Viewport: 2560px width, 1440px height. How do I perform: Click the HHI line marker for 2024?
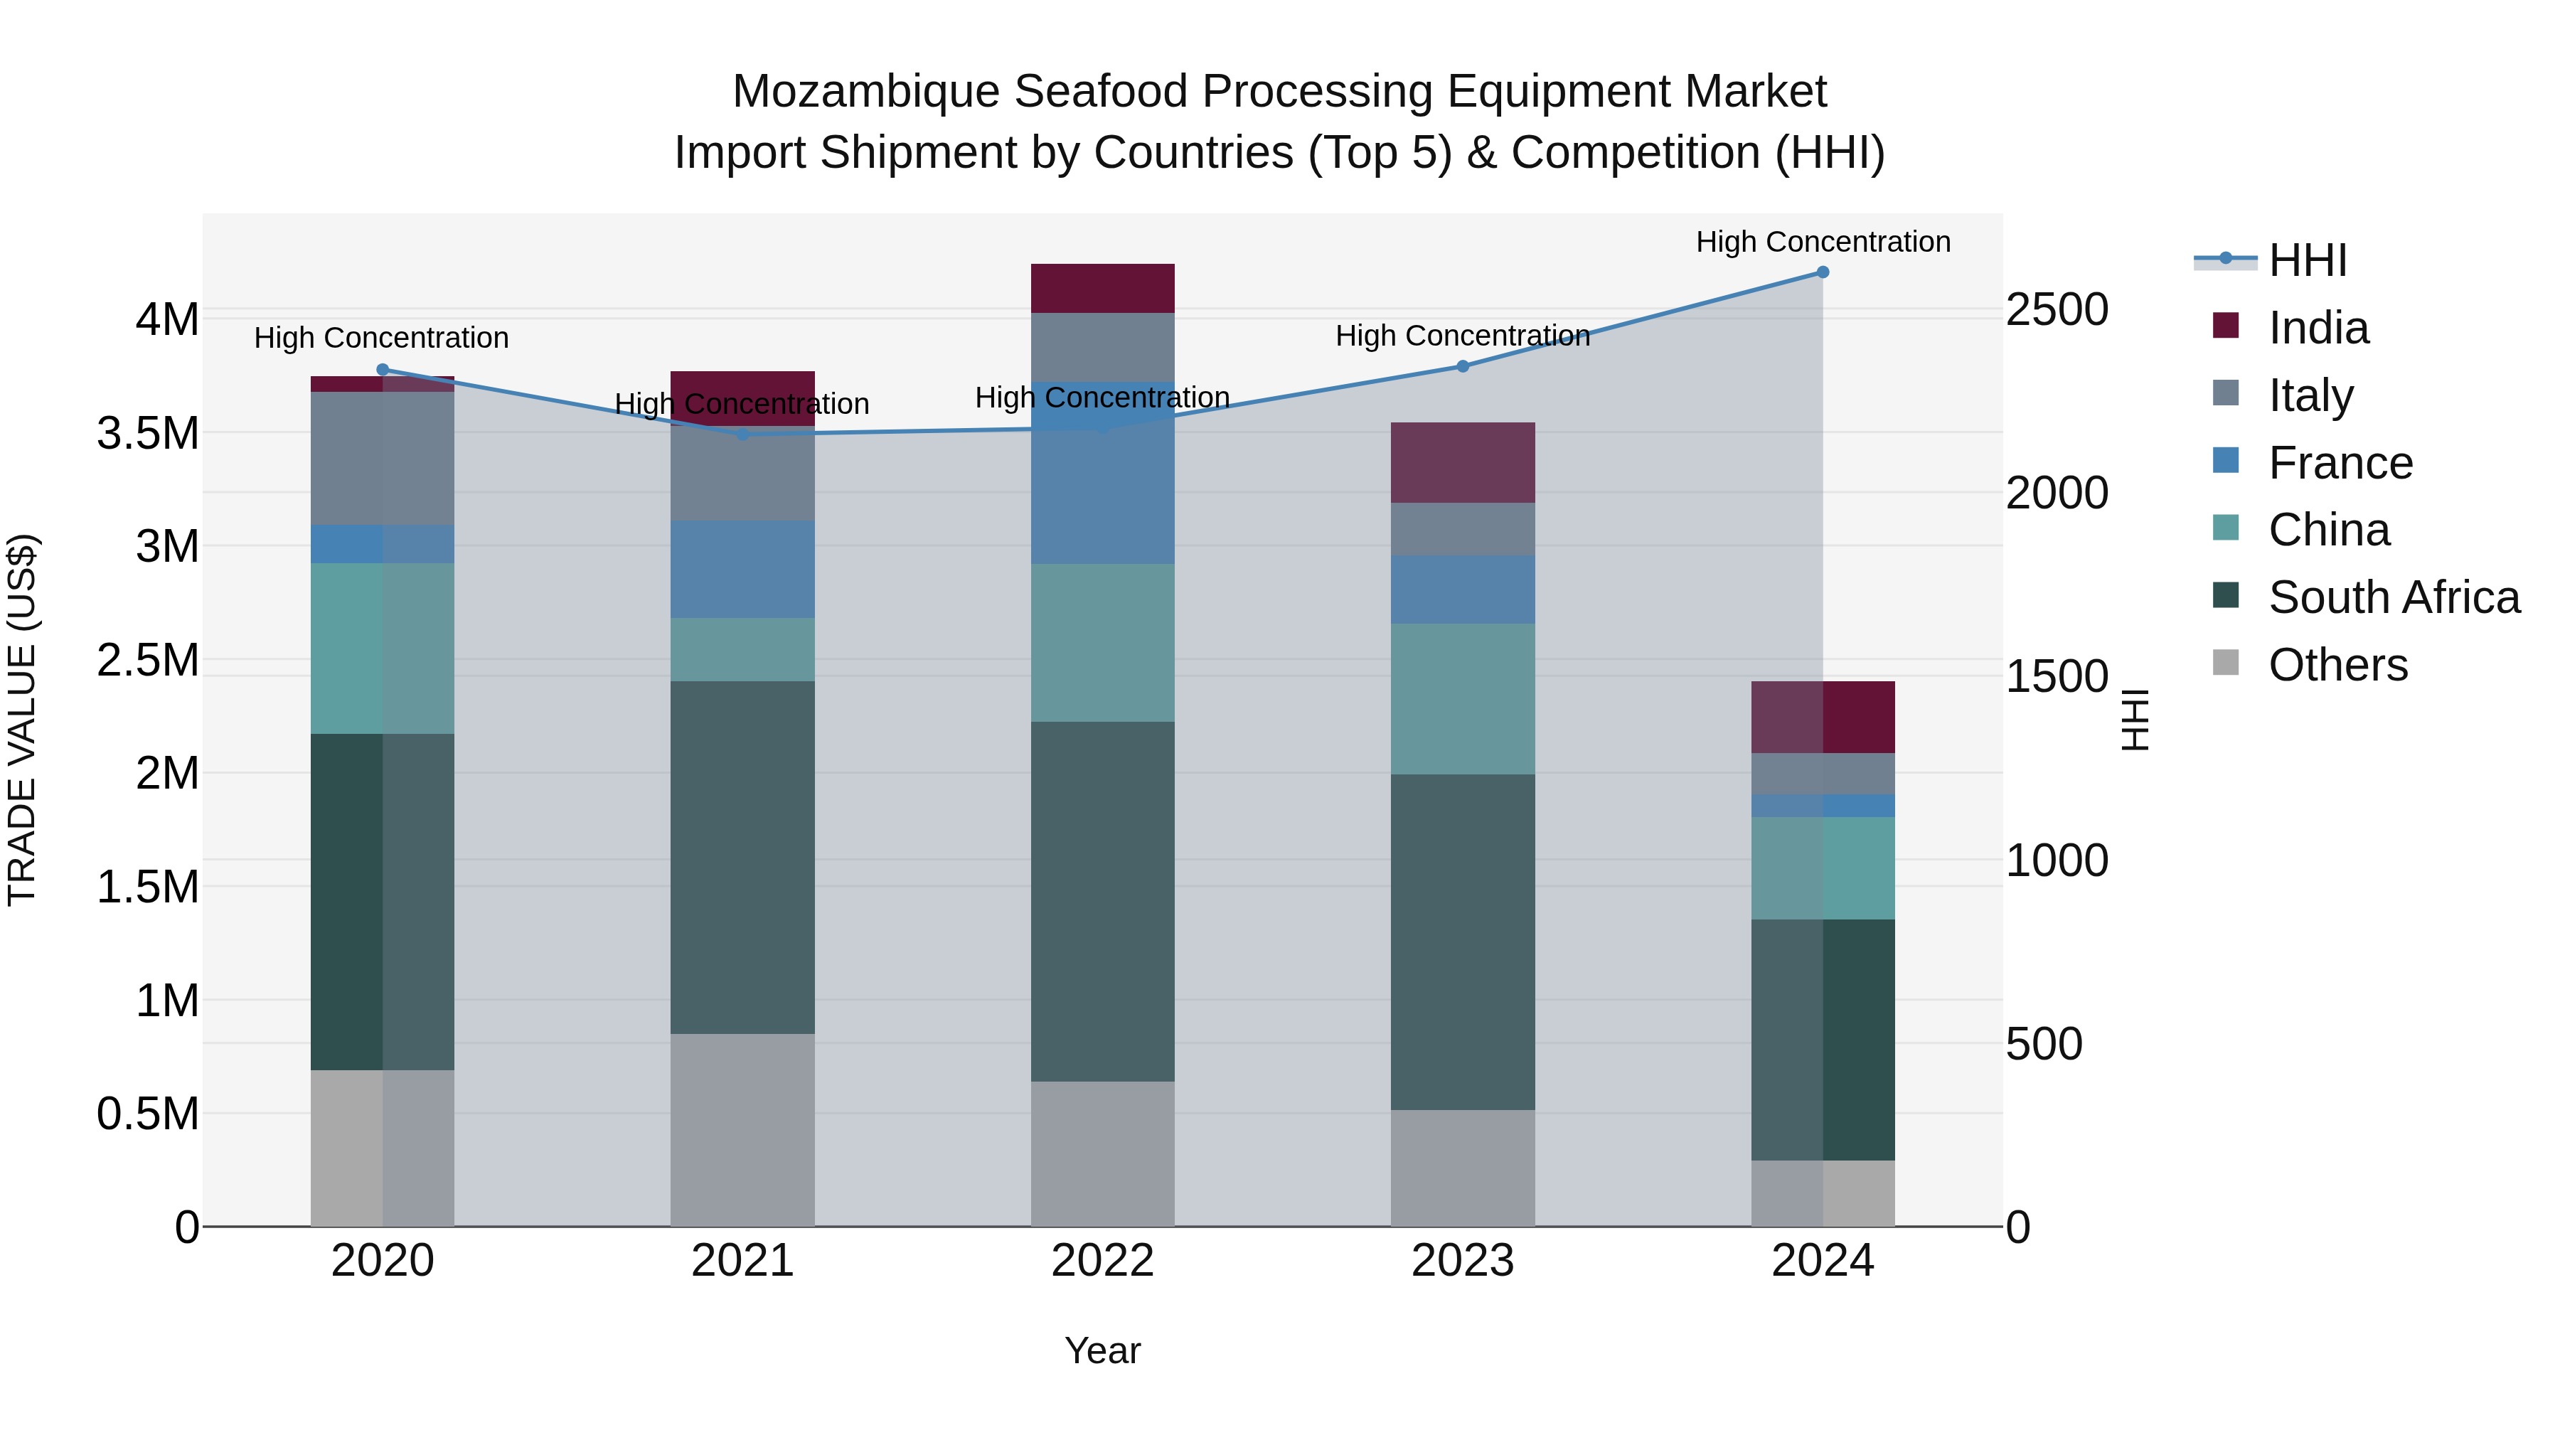[x=1822, y=272]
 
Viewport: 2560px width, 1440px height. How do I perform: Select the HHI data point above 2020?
[x=383, y=370]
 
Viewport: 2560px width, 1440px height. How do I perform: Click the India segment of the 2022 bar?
[x=1102, y=288]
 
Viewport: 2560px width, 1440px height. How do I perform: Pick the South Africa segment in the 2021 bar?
[x=742, y=857]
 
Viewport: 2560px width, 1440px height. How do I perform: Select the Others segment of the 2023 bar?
[x=1462, y=1168]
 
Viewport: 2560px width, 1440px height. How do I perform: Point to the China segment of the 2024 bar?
[x=1822, y=868]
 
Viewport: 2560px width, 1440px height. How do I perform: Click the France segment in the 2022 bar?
[x=1102, y=473]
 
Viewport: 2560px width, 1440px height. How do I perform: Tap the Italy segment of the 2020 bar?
[x=383, y=458]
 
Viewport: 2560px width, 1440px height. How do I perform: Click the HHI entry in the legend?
[x=2308, y=260]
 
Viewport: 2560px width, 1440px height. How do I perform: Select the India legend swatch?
[x=2226, y=326]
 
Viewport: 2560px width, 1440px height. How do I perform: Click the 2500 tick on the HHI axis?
[x=2056, y=310]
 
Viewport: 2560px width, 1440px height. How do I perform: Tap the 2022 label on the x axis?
[x=1102, y=1261]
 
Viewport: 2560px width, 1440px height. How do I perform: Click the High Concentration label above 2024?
[x=1823, y=242]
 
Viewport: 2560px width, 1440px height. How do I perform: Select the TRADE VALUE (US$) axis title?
[x=22, y=720]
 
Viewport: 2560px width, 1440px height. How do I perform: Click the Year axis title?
[x=1102, y=1350]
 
